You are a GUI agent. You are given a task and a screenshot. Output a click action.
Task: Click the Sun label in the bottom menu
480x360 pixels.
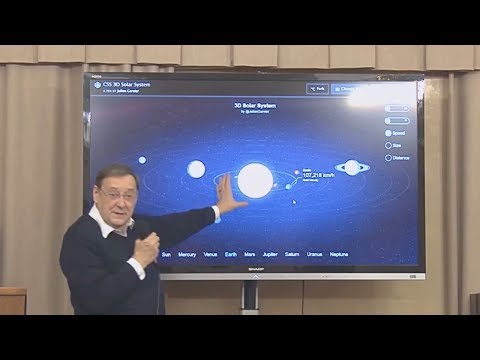click(165, 255)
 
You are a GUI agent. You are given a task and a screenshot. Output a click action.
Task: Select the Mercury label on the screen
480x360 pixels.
click(187, 255)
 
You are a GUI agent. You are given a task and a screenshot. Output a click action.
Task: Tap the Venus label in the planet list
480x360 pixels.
click(211, 255)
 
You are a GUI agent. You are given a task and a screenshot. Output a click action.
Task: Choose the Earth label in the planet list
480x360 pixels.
click(231, 255)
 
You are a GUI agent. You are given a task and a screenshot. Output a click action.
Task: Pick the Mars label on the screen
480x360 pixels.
click(250, 255)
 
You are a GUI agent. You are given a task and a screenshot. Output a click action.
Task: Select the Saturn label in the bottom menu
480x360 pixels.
click(292, 255)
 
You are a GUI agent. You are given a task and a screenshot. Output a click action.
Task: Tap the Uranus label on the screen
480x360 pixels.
click(315, 255)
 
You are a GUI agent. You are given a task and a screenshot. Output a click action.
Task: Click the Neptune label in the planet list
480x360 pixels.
click(339, 255)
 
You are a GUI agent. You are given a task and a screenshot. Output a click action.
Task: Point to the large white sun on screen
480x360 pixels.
click(254, 180)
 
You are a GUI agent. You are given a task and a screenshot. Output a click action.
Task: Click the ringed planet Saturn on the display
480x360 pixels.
click(351, 167)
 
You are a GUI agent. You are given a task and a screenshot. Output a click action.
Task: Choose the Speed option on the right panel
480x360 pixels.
click(396, 132)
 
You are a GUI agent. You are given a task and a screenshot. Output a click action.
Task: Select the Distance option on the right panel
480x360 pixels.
click(398, 157)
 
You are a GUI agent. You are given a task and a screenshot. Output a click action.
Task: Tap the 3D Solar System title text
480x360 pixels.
click(253, 104)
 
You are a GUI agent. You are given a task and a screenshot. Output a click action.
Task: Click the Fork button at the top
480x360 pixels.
click(317, 89)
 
